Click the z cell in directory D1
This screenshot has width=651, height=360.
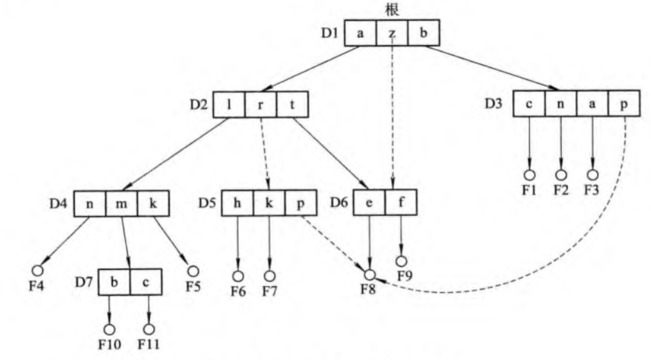click(x=392, y=33)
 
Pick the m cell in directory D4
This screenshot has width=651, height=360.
click(x=121, y=204)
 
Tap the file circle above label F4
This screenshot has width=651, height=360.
click(x=37, y=269)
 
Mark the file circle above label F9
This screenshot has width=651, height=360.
click(x=401, y=260)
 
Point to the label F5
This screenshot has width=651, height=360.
click(x=193, y=285)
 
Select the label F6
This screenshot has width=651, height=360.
click(x=239, y=291)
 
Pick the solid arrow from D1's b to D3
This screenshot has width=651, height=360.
click(x=491, y=67)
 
